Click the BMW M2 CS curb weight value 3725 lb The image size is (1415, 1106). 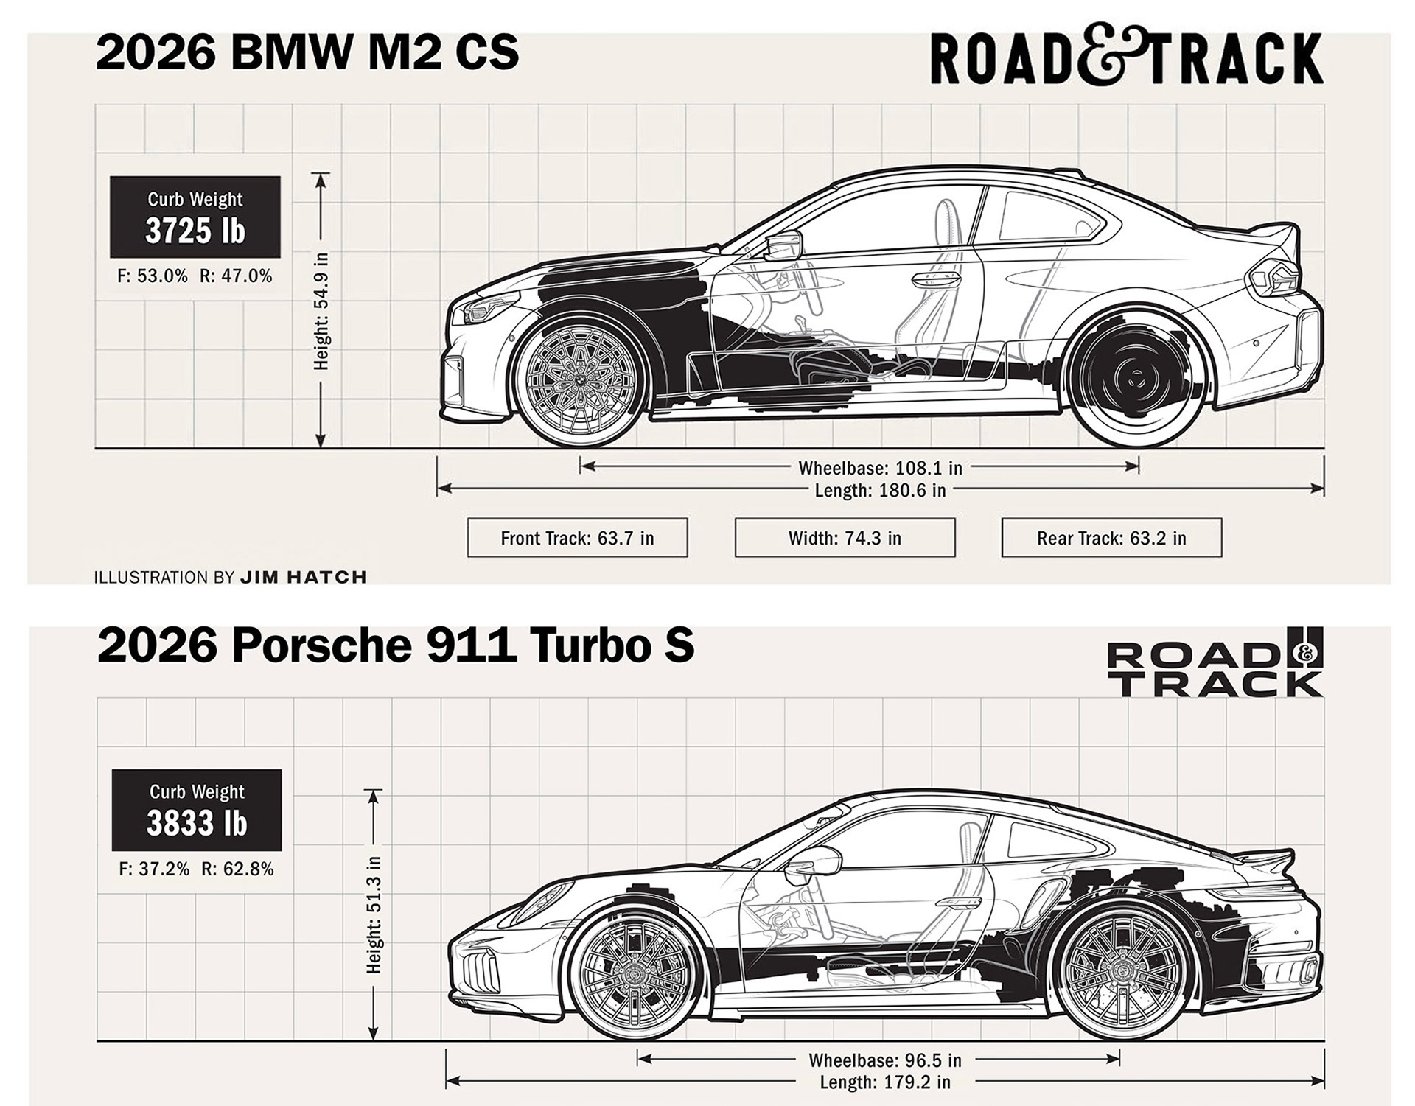click(x=195, y=231)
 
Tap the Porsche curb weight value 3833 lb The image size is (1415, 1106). click(x=197, y=823)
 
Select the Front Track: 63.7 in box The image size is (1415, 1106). click(x=577, y=538)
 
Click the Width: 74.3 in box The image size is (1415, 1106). click(x=845, y=538)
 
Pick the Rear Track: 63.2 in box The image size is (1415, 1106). click(x=1111, y=538)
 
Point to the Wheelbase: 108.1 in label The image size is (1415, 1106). click(x=880, y=468)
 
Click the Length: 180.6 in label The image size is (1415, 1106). click(x=880, y=490)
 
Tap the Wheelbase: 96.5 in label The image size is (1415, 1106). click(x=884, y=1060)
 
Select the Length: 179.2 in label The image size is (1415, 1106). click(x=884, y=1082)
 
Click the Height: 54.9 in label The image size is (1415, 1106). click(x=321, y=311)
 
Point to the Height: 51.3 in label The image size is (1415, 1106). click(x=374, y=914)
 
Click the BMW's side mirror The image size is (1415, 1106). click(x=783, y=245)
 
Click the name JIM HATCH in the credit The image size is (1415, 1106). click(x=303, y=577)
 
